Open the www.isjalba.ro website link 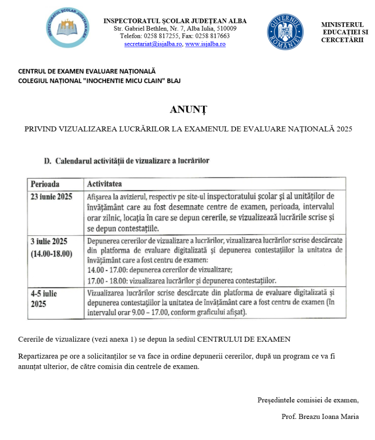(205, 44)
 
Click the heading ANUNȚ (188, 110)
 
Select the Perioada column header (44, 184)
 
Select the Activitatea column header (105, 184)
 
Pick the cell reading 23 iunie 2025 (52, 197)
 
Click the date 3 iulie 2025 (49, 241)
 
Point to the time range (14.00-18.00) (52, 254)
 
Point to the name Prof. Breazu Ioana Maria (320, 417)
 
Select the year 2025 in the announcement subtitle (344, 128)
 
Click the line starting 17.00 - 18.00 (181, 281)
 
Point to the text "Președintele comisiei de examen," (308, 400)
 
